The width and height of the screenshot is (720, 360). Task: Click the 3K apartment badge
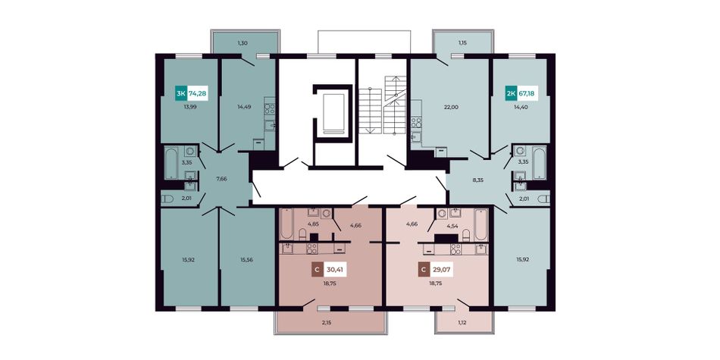[180, 94]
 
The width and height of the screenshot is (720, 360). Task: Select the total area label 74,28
[198, 94]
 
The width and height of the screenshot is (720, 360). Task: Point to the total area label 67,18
[527, 93]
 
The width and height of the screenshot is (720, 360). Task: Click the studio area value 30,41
[335, 270]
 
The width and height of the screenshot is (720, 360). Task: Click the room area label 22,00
[452, 107]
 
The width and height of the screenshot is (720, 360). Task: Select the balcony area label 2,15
[327, 323]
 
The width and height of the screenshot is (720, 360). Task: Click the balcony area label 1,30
[243, 43]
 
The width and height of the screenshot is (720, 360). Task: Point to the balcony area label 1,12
[462, 323]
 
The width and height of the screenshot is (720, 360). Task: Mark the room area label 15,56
[248, 259]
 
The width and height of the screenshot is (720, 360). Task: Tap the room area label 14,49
[245, 108]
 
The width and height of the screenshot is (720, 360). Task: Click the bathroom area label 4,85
[314, 224]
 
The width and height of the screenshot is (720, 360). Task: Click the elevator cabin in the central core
[333, 112]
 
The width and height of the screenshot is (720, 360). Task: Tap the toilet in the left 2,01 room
[167, 199]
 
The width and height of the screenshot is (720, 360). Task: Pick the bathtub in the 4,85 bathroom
[286, 224]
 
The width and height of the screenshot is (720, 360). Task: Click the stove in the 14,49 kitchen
[270, 109]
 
